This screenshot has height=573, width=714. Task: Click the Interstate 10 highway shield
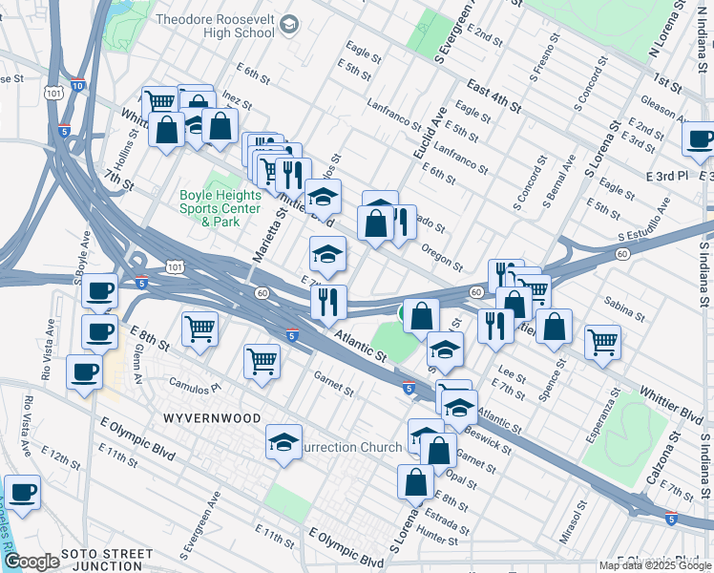point(77,85)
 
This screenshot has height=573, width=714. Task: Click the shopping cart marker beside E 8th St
point(201,329)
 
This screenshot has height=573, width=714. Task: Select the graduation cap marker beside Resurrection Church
point(283,442)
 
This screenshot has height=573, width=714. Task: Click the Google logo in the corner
point(31,562)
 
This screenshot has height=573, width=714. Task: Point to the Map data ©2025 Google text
point(655,565)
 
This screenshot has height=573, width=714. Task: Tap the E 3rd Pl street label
point(666,177)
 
